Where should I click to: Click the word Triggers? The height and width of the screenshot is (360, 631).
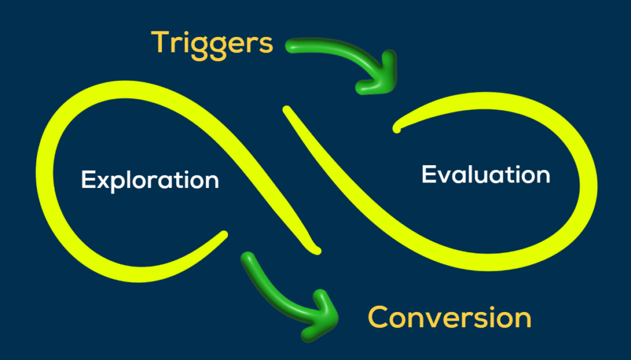tap(212, 44)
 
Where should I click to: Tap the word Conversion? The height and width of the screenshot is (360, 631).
tap(449, 317)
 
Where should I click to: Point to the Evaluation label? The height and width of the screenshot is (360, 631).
tap(486, 175)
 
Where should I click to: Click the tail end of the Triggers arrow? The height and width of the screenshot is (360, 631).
tap(291, 46)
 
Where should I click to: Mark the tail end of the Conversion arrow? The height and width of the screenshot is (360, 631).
tap(248, 258)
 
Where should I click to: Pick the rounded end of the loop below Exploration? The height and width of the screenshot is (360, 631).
tap(223, 235)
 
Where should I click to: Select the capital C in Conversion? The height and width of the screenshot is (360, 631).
tap(379, 317)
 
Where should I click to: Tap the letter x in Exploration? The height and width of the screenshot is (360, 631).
tap(106, 182)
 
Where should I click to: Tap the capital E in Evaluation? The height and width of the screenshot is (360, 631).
tap(429, 174)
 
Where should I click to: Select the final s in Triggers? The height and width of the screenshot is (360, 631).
tap(266, 45)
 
